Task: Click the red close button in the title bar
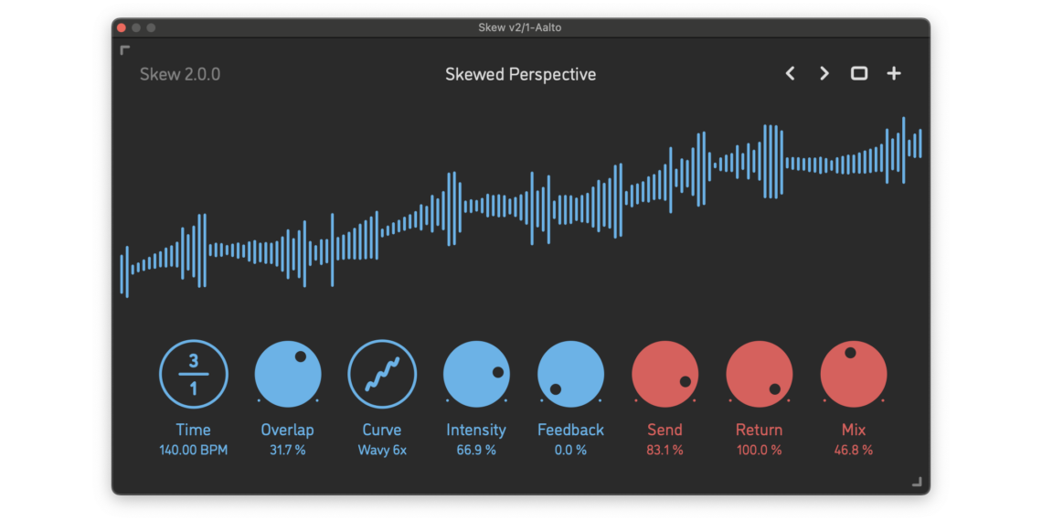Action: pyautogui.click(x=122, y=27)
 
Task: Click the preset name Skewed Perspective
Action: pyautogui.click(x=520, y=74)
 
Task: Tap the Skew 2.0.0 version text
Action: pyautogui.click(x=180, y=74)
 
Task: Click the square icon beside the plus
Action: pyautogui.click(x=859, y=73)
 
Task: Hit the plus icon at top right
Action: pyautogui.click(x=894, y=73)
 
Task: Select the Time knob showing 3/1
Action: pyautogui.click(x=194, y=373)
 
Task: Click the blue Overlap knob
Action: pyautogui.click(x=288, y=373)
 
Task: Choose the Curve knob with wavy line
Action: pyautogui.click(x=382, y=373)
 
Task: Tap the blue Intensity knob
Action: pyautogui.click(x=476, y=373)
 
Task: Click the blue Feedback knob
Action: pyautogui.click(x=570, y=373)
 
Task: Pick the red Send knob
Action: pyautogui.click(x=665, y=373)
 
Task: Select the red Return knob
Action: pyautogui.click(x=759, y=373)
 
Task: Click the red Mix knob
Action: pyautogui.click(x=853, y=373)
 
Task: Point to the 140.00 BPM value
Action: pyautogui.click(x=194, y=450)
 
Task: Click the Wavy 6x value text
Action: pyautogui.click(x=382, y=450)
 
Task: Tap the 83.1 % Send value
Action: pyautogui.click(x=665, y=450)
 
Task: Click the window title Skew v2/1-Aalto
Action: pyautogui.click(x=520, y=27)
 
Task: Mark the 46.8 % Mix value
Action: pyautogui.click(x=853, y=450)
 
